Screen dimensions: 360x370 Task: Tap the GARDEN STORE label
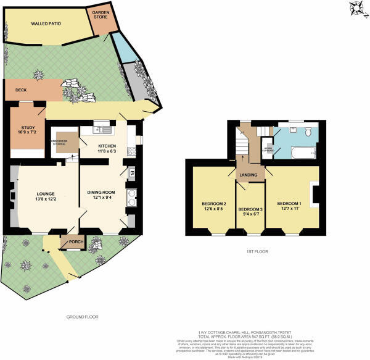(101, 15)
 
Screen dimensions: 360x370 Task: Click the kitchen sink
(102, 130)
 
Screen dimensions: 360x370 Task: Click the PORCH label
(76, 241)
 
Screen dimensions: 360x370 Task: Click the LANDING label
(249, 174)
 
